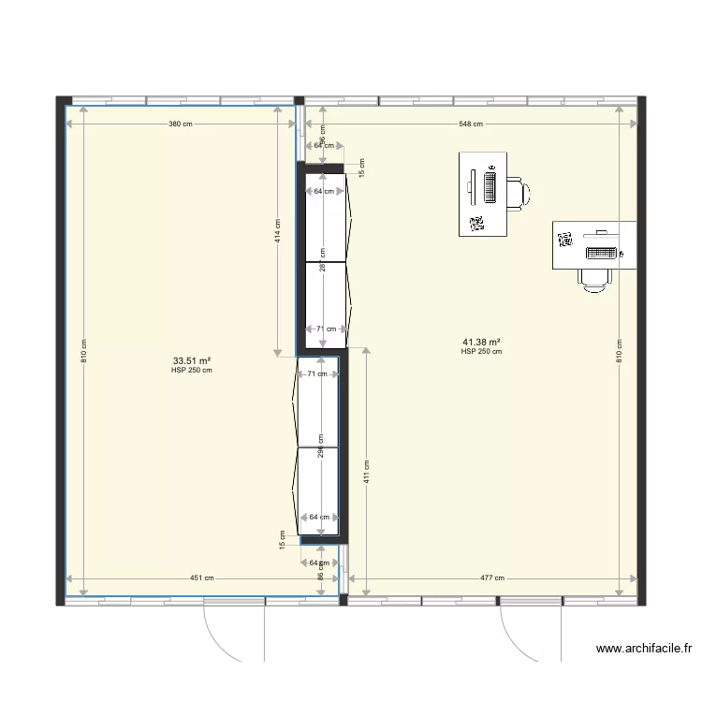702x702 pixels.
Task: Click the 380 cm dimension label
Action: coord(181,124)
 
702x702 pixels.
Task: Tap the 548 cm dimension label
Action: coord(471,124)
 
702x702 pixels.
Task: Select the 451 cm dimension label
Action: coord(202,578)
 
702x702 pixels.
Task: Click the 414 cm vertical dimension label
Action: coord(277,230)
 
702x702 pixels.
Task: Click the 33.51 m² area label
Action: coord(192,360)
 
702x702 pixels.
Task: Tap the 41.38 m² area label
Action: coord(481,343)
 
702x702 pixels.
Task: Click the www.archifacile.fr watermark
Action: coord(646,648)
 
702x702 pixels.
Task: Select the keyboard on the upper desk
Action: coord(490,185)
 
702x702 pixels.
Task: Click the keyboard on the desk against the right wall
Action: coord(601,253)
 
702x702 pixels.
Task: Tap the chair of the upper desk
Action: coord(519,192)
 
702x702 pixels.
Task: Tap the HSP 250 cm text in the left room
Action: coord(192,371)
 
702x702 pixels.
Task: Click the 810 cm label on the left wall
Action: coord(83,350)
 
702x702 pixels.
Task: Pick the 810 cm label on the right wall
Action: coord(619,350)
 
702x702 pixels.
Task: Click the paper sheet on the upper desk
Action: coord(475,223)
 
